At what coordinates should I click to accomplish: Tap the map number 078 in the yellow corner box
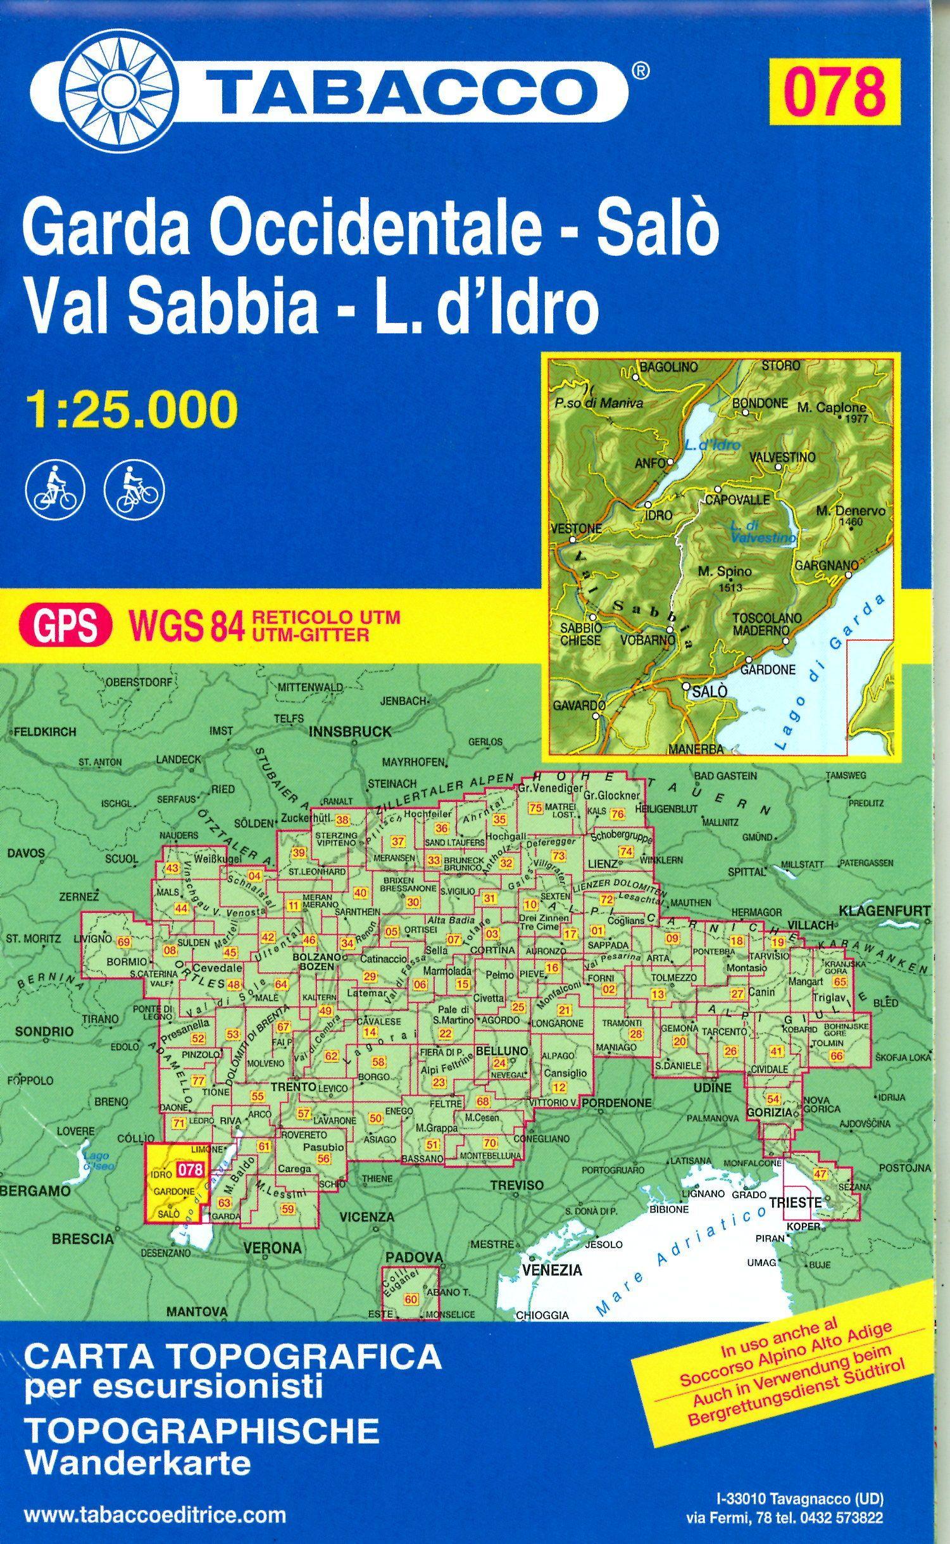834,91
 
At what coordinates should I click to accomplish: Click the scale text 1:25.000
132,410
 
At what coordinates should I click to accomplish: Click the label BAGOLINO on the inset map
668,367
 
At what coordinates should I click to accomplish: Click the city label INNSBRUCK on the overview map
350,731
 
